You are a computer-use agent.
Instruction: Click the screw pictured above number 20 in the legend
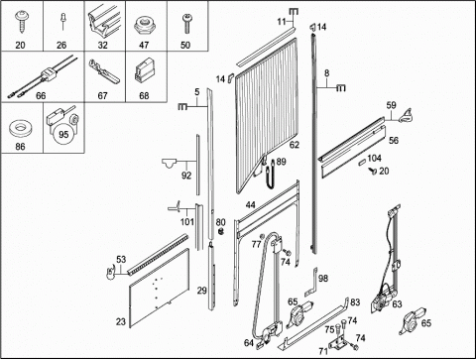tap(22, 22)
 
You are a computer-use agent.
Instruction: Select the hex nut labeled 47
tap(144, 26)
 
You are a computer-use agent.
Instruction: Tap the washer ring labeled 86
tap(21, 129)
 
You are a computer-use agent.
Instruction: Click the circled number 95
tap(63, 134)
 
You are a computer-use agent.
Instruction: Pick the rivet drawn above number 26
tap(62, 21)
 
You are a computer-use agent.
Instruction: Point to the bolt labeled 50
tap(186, 23)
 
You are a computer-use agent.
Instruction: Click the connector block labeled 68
tap(144, 70)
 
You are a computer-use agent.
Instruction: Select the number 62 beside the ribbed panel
tap(294, 145)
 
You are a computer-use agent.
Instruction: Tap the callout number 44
tap(250, 205)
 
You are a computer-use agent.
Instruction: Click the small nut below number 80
tap(221, 232)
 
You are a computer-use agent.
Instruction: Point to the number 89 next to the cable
tap(281, 162)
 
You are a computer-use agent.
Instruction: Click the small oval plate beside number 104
tap(362, 163)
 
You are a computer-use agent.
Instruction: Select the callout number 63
tap(397, 303)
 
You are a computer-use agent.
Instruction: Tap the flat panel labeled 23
tap(160, 289)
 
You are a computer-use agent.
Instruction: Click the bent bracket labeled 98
tap(311, 282)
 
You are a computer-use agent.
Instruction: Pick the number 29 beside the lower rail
tap(202, 291)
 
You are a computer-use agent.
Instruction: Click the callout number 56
tap(394, 141)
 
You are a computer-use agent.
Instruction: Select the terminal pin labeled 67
tap(104, 71)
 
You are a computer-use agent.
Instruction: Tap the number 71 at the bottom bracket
tap(323, 351)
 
